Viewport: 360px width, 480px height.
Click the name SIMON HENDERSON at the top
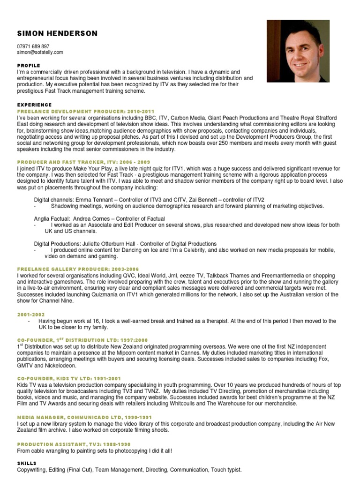tap(57, 33)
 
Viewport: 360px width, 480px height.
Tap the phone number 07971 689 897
tap(33, 47)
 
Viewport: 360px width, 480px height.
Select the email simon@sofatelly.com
tap(40, 53)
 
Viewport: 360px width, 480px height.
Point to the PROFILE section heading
tap(28, 65)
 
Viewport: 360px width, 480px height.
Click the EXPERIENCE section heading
tap(34, 105)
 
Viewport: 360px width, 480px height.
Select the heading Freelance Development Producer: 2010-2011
tap(85, 111)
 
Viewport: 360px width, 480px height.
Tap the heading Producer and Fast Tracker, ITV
tap(83, 161)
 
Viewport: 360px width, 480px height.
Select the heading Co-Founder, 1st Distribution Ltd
tap(82, 339)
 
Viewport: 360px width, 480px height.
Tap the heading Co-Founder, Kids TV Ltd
tap(69, 377)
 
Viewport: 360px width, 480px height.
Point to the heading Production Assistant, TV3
tap(74, 444)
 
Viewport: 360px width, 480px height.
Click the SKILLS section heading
tap(26, 463)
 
